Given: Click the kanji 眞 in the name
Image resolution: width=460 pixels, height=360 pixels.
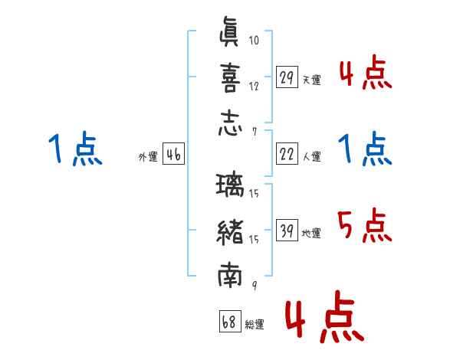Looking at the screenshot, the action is point(229,31).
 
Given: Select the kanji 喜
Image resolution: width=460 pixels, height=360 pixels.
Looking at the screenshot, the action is point(230,78).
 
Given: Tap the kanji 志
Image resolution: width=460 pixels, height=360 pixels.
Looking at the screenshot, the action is point(230,123).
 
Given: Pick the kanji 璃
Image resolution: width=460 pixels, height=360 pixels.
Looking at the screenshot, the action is point(230,185).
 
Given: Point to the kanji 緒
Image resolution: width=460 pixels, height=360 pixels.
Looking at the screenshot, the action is point(230,233).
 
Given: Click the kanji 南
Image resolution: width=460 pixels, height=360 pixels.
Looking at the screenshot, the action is point(230,275).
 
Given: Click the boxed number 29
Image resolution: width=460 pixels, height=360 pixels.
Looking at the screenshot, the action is point(287,77).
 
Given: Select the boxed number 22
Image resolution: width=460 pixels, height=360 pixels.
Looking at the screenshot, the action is point(287,154).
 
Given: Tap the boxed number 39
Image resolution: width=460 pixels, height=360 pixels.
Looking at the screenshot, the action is point(287,230).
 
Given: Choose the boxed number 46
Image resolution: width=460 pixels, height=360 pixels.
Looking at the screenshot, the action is point(173,154).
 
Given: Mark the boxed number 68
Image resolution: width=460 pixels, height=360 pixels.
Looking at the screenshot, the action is point(230,321).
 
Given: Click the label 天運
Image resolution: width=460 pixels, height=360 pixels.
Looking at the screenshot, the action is point(312,80).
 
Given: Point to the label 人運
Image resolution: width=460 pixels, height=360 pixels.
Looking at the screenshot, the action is point(312,156).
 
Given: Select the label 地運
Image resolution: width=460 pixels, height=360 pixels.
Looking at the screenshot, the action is point(311,234).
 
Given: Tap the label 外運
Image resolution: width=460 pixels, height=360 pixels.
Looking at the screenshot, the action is point(148,156).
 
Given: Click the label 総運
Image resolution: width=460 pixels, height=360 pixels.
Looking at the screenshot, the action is point(255,324).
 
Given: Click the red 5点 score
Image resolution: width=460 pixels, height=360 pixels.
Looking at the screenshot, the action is point(365,225).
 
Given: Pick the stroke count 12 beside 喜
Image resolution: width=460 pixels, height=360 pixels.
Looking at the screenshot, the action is point(254,87).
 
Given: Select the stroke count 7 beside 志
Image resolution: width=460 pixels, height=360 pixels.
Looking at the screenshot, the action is point(255,133).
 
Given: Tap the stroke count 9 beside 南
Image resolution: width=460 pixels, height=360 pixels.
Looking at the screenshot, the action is point(255,285).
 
